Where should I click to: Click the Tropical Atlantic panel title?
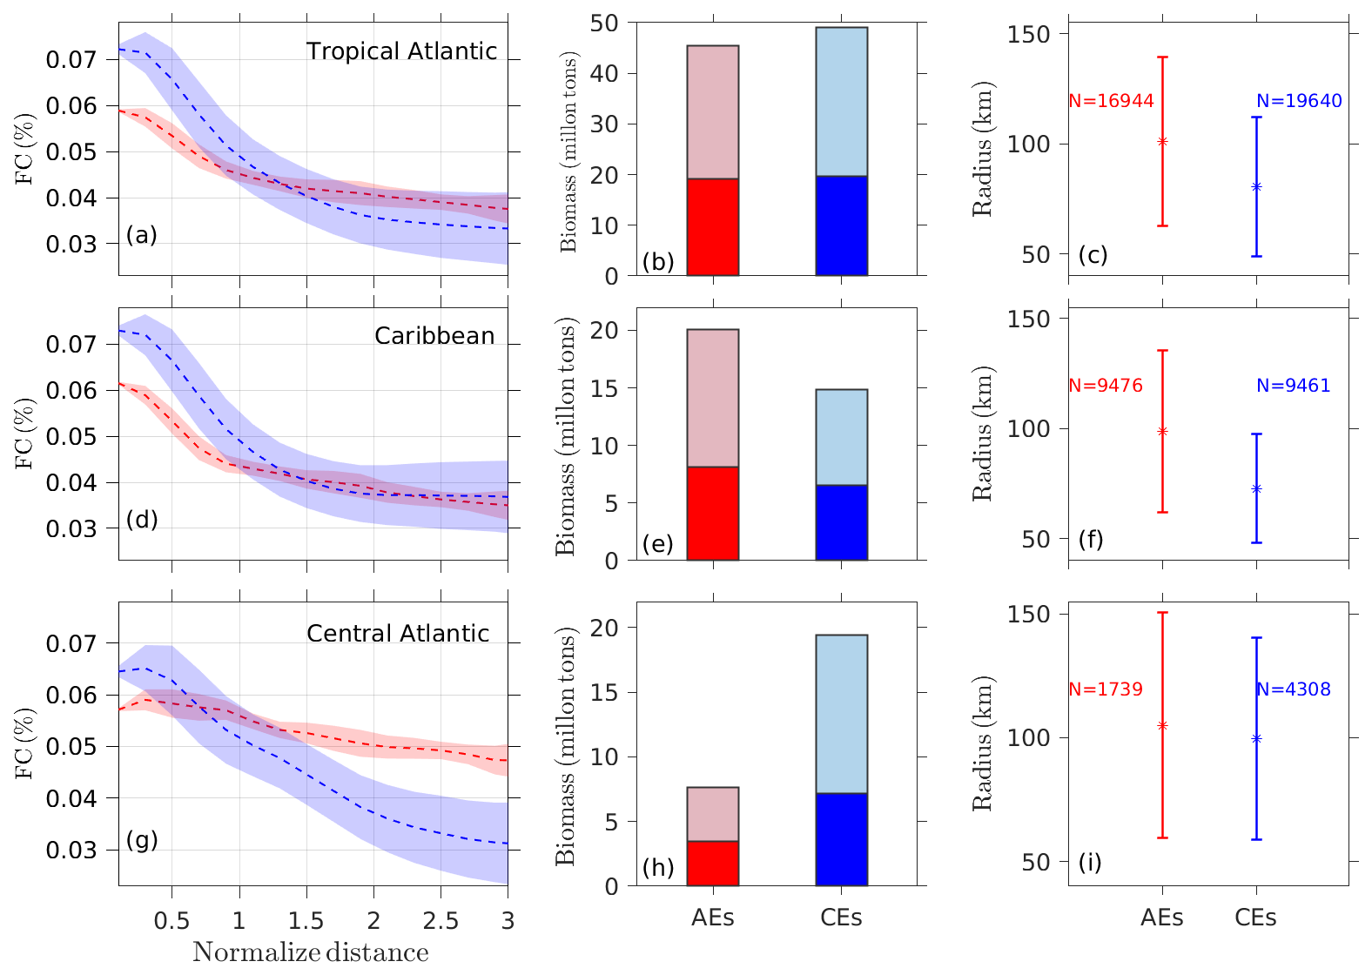tap(401, 51)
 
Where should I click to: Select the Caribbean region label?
tap(434, 336)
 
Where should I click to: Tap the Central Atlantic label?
tap(398, 634)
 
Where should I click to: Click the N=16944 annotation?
tap(1111, 101)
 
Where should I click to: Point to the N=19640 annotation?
tap(1299, 101)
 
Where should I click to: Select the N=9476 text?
tap(1106, 386)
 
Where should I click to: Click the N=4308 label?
tap(1294, 689)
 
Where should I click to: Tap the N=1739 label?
tap(1106, 689)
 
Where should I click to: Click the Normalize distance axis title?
tap(311, 952)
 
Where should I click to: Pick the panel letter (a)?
tap(141, 235)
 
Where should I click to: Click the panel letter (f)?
tap(1091, 540)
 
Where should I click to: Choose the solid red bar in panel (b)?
tap(713, 227)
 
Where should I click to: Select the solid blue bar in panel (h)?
tap(841, 839)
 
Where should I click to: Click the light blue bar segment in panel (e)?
tap(841, 437)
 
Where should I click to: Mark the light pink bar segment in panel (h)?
tap(713, 814)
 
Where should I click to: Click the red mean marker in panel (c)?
tap(1162, 141)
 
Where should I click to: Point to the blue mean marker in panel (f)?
tap(1256, 489)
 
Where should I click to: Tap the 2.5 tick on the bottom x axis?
tap(441, 921)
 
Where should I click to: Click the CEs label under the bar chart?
tap(841, 918)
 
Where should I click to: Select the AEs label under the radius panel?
tap(1162, 918)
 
